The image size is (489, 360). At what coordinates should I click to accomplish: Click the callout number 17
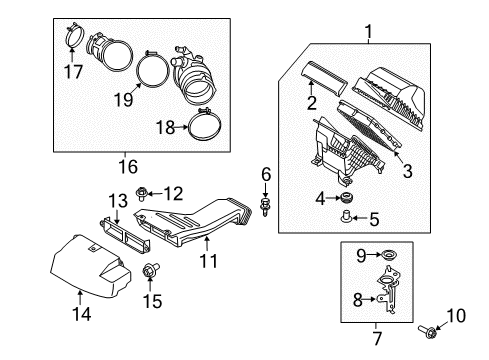tap(73, 71)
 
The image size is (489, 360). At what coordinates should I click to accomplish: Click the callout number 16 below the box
tap(128, 166)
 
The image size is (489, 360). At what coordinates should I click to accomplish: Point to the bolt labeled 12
tap(141, 194)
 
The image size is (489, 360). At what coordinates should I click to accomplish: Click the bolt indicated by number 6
tap(265, 206)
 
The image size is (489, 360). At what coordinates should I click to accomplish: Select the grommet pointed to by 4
tap(346, 197)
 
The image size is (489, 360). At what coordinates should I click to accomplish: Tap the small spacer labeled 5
tap(346, 216)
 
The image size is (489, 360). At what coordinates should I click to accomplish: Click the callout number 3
tap(407, 171)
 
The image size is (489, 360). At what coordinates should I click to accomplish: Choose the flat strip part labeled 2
tap(324, 77)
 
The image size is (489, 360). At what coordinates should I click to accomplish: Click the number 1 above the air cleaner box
tap(368, 32)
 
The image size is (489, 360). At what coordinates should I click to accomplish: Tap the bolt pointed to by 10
tap(427, 331)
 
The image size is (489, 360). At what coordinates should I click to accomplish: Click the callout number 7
tap(377, 338)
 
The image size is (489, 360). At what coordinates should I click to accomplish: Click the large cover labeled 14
tap(90, 267)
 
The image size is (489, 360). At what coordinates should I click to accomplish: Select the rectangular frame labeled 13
tap(125, 235)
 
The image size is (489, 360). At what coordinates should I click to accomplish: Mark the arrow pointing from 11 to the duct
tap(207, 243)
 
